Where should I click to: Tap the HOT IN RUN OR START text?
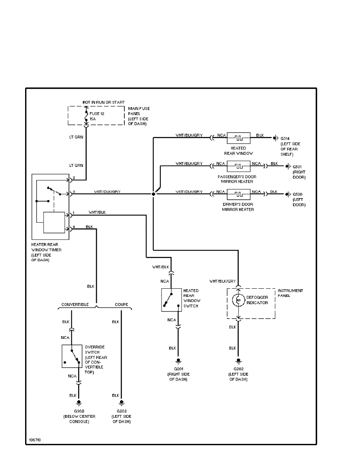point(104,102)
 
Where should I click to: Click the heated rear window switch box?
point(171,300)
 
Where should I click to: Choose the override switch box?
point(72,356)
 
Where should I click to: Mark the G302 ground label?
point(79,411)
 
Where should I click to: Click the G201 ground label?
point(178,369)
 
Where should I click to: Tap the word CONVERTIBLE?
point(75,304)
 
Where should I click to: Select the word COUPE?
point(121,304)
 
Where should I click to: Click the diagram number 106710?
point(35,440)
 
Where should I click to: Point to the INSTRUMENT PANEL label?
point(290,293)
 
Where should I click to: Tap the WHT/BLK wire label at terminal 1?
point(97,212)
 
